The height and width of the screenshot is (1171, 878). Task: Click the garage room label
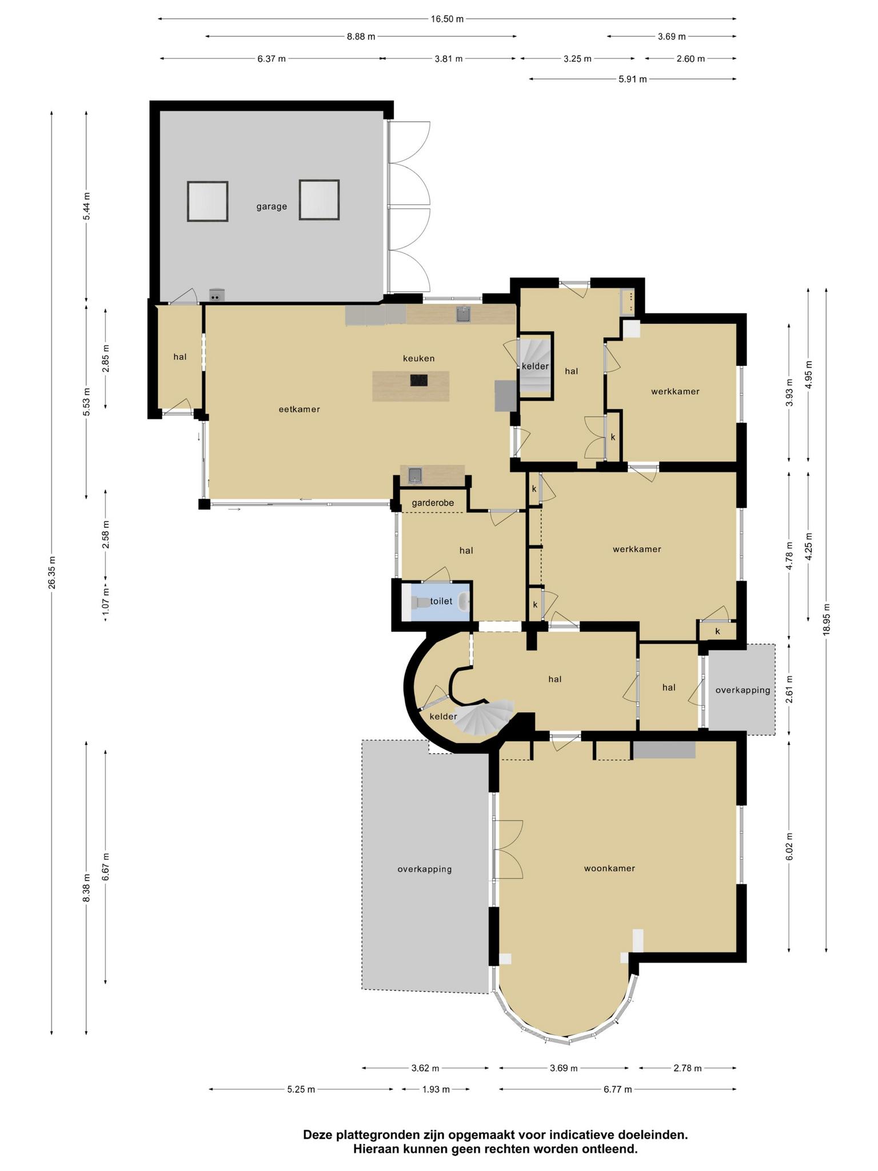[272, 206]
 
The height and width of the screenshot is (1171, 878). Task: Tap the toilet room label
[441, 601]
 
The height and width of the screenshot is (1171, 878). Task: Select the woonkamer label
[609, 868]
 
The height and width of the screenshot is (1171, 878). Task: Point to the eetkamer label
[299, 409]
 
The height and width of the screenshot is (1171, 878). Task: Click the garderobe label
[433, 503]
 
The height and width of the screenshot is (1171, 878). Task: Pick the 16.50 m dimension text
[447, 19]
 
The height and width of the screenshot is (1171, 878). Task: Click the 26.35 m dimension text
[52, 572]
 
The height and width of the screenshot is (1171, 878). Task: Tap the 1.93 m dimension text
[436, 1089]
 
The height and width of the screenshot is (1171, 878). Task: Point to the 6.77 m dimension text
[618, 1089]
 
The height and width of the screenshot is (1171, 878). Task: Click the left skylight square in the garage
[207, 201]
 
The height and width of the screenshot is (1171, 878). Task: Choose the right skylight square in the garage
[319, 200]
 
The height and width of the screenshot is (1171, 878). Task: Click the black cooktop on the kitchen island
[418, 380]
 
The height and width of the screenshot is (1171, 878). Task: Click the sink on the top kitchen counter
[463, 314]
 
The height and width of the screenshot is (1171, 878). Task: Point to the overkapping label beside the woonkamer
[425, 869]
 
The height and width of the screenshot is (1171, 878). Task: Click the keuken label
[419, 359]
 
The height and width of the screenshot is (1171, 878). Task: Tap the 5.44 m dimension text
[86, 206]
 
